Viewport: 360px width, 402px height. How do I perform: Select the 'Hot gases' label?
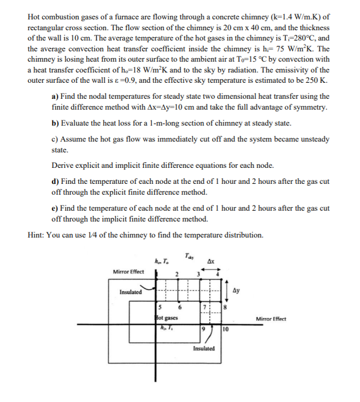click(x=167, y=317)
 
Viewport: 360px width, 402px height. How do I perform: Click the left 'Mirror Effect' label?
click(x=128, y=271)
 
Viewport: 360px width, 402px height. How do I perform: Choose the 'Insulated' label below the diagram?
click(x=204, y=348)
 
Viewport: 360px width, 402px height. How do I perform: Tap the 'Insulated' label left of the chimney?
click(x=131, y=292)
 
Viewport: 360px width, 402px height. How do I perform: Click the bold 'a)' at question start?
click(x=55, y=97)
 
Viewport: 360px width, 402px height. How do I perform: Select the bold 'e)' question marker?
click(x=55, y=208)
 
